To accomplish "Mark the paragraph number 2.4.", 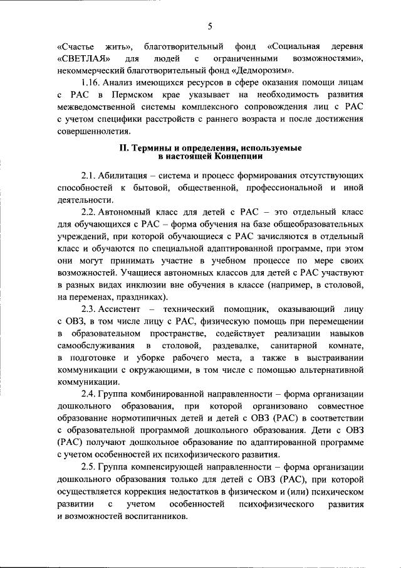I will tap(90, 394).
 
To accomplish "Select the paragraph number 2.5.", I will tap(90, 466).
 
